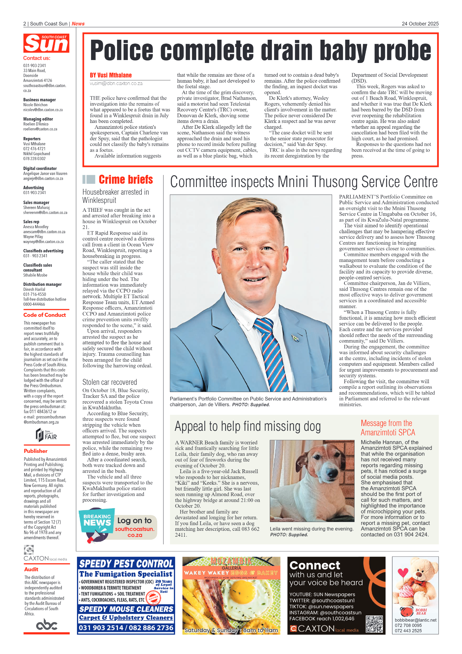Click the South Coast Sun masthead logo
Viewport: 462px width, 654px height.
click(46, 43)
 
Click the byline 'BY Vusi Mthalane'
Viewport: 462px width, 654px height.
click(111, 75)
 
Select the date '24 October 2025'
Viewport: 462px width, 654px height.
click(420, 24)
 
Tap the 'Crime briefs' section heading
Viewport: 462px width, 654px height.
click(125, 179)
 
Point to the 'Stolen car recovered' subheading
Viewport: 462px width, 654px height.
click(110, 382)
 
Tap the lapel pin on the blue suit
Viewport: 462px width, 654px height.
click(295, 338)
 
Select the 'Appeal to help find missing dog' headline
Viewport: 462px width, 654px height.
click(247, 426)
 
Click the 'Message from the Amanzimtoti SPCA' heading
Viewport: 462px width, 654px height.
click(388, 428)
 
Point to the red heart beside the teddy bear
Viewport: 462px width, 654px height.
click(403, 572)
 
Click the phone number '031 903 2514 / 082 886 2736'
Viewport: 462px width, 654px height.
click(126, 628)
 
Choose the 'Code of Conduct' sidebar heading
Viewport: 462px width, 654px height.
click(45, 315)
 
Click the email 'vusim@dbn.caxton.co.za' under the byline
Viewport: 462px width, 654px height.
click(116, 84)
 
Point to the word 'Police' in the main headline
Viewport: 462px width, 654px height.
click(122, 51)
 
